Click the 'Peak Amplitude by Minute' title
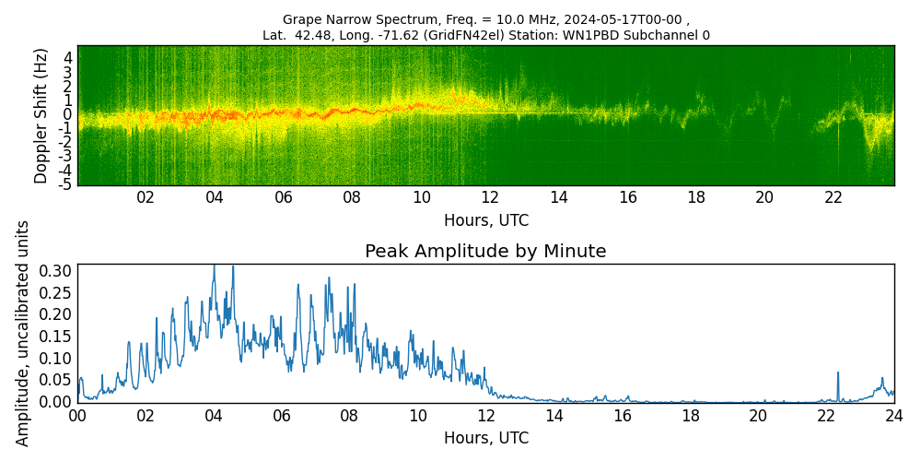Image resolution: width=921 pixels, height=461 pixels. (x=485, y=252)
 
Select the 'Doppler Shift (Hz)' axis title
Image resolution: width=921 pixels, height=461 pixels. (x=41, y=115)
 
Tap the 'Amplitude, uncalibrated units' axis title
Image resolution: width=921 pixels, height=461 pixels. (x=23, y=333)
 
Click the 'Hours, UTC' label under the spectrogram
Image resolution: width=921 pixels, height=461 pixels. (x=485, y=221)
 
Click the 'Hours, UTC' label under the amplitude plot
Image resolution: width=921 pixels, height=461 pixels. (x=485, y=438)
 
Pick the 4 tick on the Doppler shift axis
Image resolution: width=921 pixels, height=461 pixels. (x=68, y=56)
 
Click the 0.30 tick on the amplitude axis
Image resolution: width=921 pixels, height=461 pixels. (x=56, y=270)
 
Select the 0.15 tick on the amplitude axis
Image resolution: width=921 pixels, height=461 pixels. (x=56, y=336)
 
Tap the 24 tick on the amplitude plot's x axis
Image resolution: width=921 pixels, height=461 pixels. (x=893, y=416)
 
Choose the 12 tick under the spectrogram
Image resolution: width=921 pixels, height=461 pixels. (x=490, y=197)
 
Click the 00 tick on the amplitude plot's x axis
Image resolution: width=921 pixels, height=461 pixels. (x=77, y=416)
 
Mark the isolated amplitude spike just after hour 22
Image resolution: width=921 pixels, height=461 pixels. (x=838, y=373)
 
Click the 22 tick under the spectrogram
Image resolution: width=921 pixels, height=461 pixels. (x=834, y=197)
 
